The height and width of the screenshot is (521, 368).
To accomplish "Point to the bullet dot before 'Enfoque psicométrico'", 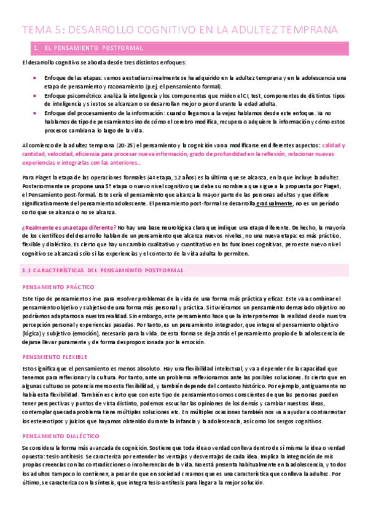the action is click(x=34, y=96).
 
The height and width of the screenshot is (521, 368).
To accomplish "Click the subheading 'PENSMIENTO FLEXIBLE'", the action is click(x=55, y=356).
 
